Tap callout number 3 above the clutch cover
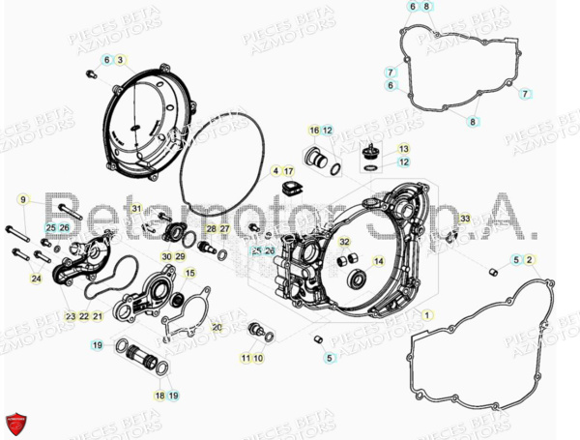(x=120, y=61)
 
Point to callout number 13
(x=404, y=149)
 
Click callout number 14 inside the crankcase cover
(x=378, y=261)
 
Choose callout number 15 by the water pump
(x=190, y=273)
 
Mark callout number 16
(x=314, y=131)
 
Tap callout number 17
(x=288, y=170)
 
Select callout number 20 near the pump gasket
(x=217, y=327)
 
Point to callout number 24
(x=37, y=279)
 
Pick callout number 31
(x=137, y=208)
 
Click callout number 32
(x=344, y=242)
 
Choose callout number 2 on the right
(x=530, y=260)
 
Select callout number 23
(x=71, y=316)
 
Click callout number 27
(x=224, y=228)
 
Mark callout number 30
(x=166, y=256)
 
